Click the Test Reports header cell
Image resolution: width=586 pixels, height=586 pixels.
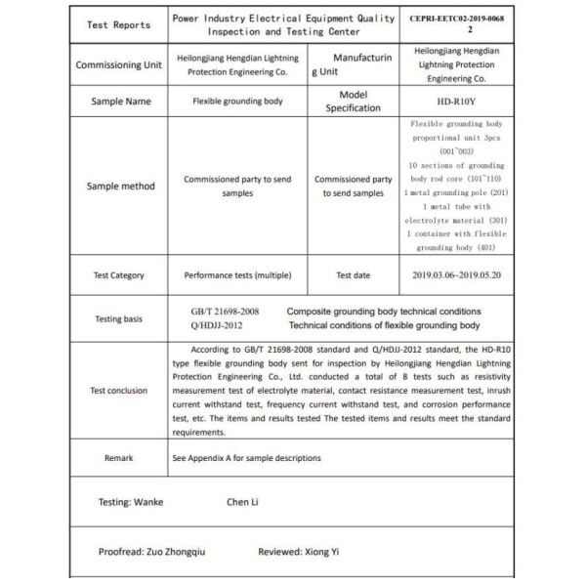pyautogui.click(x=118, y=25)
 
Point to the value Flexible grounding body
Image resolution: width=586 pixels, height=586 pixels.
pyautogui.click(x=237, y=101)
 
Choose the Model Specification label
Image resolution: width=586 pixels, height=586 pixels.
pyautogui.click(x=353, y=102)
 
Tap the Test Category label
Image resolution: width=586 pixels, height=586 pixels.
pyautogui.click(x=119, y=275)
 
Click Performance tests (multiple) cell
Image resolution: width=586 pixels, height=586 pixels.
pyautogui.click(x=237, y=275)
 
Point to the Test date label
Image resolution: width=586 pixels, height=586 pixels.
pyautogui.click(x=353, y=275)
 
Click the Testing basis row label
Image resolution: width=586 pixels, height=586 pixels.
pyautogui.click(x=119, y=318)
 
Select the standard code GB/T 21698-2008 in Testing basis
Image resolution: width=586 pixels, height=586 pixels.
pyautogui.click(x=226, y=312)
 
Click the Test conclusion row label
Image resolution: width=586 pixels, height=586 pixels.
pyautogui.click(x=119, y=390)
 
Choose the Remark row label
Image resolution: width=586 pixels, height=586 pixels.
pyautogui.click(x=119, y=457)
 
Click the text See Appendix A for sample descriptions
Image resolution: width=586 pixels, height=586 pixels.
pyautogui.click(x=246, y=457)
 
